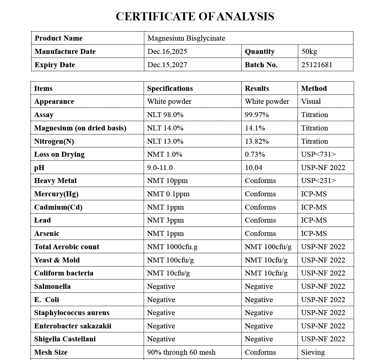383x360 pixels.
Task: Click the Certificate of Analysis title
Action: click(195, 16)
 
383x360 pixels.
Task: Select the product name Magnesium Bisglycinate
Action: click(186, 38)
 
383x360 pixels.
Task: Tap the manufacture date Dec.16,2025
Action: click(167, 52)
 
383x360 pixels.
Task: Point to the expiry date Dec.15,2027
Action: click(167, 65)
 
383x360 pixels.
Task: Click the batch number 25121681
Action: click(317, 65)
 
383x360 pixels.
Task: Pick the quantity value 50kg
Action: click(309, 52)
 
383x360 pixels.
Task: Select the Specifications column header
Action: click(170, 89)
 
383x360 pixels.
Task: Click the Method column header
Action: click(314, 89)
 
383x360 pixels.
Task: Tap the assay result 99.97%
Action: click(257, 115)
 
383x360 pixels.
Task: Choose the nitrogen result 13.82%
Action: click(257, 141)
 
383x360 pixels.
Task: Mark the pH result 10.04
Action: click(253, 168)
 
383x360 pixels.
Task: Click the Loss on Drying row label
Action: click(59, 154)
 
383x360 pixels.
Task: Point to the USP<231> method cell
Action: click(318, 181)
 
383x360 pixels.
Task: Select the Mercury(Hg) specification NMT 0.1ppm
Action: click(168, 194)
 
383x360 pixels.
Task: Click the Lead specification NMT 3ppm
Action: click(165, 220)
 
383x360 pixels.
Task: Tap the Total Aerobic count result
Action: click(268, 247)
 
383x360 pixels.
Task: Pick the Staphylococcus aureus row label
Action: click(71, 313)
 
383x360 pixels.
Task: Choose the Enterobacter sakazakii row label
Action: click(72, 326)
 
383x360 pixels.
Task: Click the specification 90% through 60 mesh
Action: click(181, 352)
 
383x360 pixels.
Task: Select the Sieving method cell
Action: click(313, 352)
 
